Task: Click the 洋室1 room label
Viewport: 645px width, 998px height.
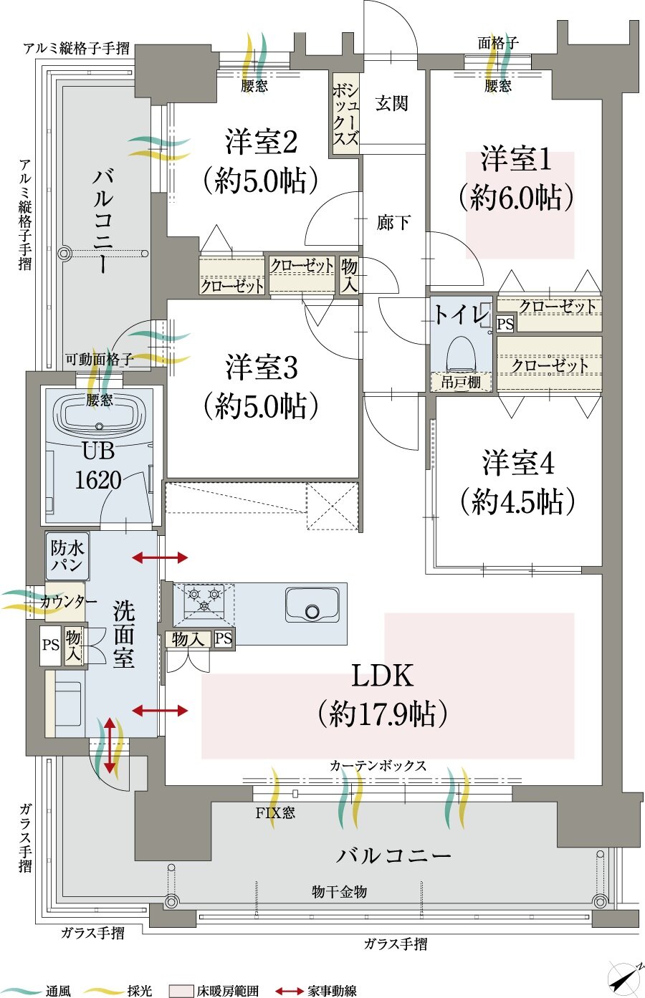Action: pos(516,159)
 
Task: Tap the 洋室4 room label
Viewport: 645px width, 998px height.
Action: pos(517,464)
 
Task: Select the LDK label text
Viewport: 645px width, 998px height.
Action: pos(383,676)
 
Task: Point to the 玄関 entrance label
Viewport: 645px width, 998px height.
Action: pos(391,104)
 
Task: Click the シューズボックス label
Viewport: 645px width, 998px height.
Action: pos(345,113)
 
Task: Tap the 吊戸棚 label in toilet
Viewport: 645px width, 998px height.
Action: pos(461,382)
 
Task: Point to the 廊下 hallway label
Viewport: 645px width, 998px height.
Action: pos(393,223)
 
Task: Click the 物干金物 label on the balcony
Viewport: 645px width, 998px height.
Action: pos(339,891)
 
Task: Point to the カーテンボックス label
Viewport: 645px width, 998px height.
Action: pos(378,766)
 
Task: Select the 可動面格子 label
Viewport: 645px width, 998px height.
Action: pos(98,360)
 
